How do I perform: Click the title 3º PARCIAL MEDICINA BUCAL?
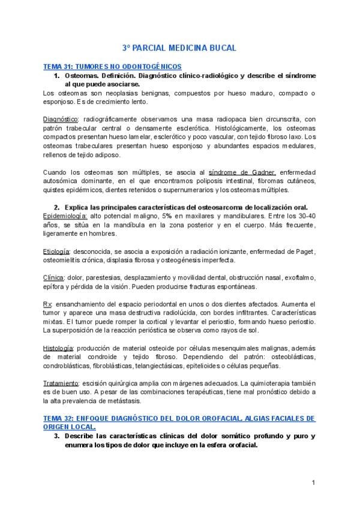coord(179,47)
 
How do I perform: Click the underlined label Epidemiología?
coord(65,215)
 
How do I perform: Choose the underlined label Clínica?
coord(55,277)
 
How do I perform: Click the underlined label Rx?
coord(47,304)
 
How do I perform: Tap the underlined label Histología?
coord(58,348)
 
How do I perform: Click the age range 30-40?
coord(305,215)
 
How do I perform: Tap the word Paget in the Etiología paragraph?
coord(305,251)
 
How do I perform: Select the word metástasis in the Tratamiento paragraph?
coord(147,401)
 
